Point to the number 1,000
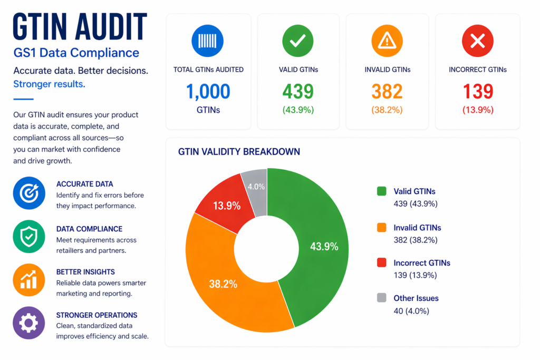pyautogui.click(x=208, y=92)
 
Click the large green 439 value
pyautogui.click(x=298, y=92)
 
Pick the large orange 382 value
pyautogui.click(x=387, y=92)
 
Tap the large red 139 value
pyautogui.click(x=478, y=92)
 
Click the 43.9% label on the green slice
pyautogui.click(x=324, y=246)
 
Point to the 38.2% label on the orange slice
pyautogui.click(x=223, y=284)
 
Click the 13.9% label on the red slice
pyautogui.click(x=227, y=206)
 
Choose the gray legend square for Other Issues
pyautogui.click(x=382, y=298)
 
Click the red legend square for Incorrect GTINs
pyautogui.click(x=382, y=262)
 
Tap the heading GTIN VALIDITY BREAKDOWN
pyautogui.click(x=239, y=152)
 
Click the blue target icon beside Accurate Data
pyautogui.click(x=28, y=193)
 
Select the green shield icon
pyautogui.click(x=28, y=237)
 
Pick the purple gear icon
pyautogui.click(x=28, y=323)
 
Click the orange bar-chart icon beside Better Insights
pyautogui.click(x=28, y=280)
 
